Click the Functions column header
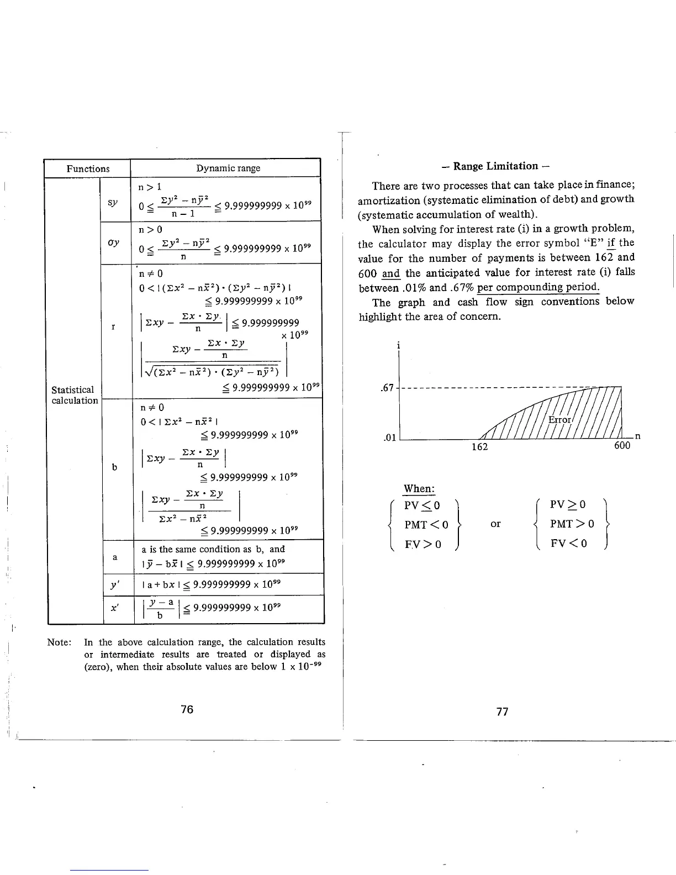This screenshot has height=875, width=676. pyautogui.click(x=88, y=168)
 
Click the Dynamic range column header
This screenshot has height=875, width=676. pyautogui.click(x=228, y=168)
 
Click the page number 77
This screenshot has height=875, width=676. pyautogui.click(x=502, y=712)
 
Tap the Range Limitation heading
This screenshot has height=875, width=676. pyautogui.click(x=495, y=166)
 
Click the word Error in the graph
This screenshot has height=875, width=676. pyautogui.click(x=559, y=420)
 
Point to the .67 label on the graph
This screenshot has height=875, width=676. pyautogui.click(x=387, y=388)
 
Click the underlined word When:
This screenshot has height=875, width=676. pyautogui.click(x=419, y=488)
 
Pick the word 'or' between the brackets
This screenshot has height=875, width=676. pyautogui.click(x=495, y=524)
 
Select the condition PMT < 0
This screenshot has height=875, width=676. pyautogui.click(x=426, y=524)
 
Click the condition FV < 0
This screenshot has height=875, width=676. pyautogui.click(x=569, y=544)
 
